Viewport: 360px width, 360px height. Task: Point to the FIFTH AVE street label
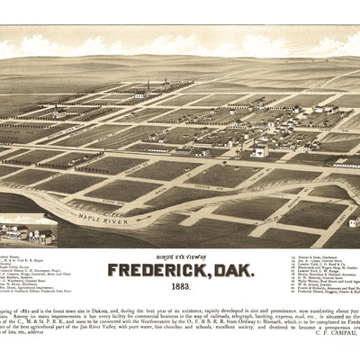114,202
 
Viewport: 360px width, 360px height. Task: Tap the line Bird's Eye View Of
179,256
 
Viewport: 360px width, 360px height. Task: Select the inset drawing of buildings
27,233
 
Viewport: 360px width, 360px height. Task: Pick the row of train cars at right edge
346,164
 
